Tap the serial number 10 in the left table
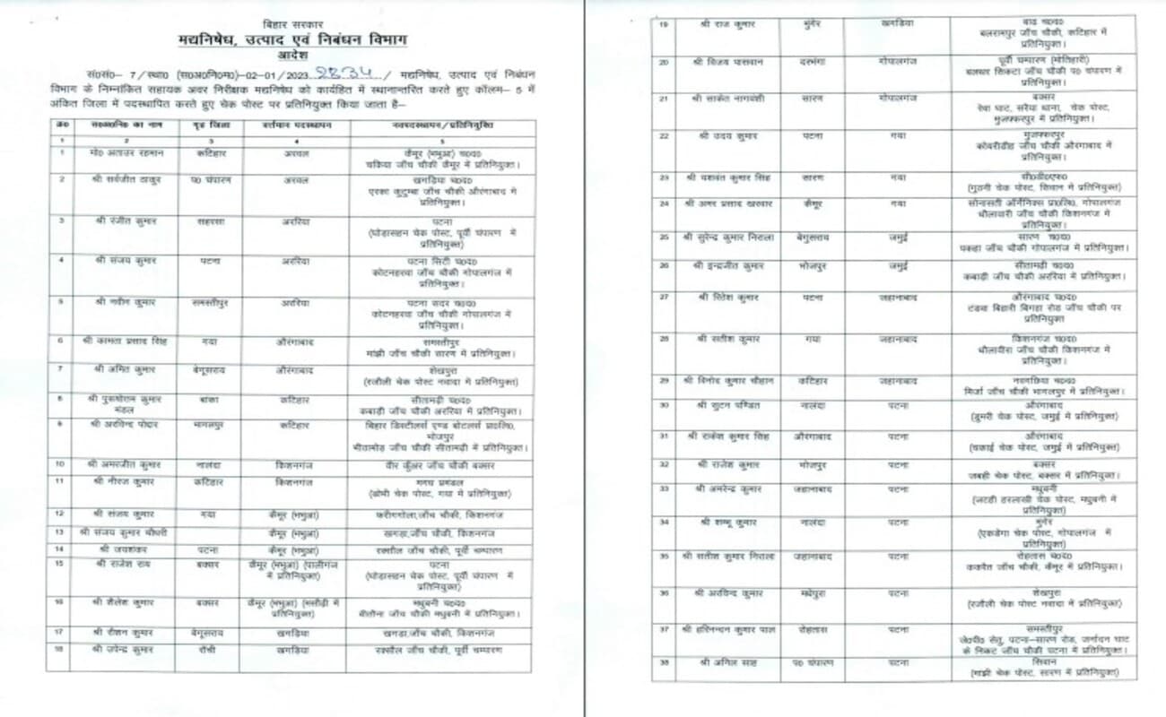coord(60,463)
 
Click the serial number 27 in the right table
coord(665,296)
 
